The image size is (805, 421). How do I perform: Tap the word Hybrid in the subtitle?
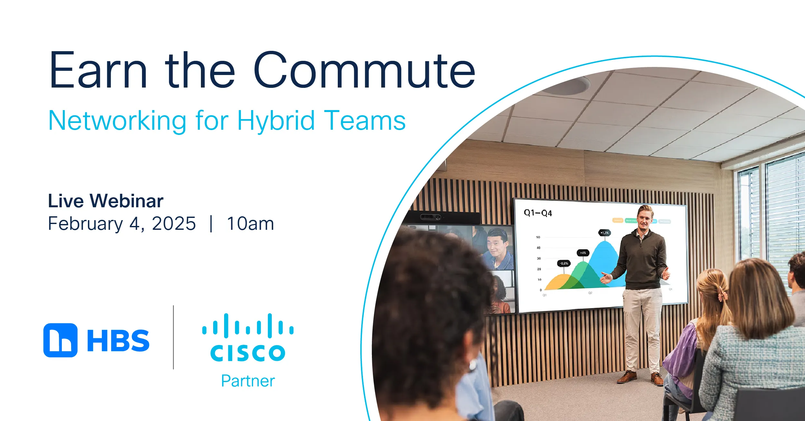coord(276,121)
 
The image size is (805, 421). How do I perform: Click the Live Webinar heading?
coord(106,201)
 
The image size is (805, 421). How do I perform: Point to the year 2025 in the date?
coord(174,223)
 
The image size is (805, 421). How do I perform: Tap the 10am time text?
coord(250,223)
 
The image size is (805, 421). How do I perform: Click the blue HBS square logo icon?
coord(61,340)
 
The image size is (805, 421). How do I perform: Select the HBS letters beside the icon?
coord(118,341)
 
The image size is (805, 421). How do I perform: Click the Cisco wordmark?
coord(248,353)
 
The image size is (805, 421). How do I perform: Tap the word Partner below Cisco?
coord(248,381)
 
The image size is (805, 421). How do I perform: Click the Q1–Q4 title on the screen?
coord(538,213)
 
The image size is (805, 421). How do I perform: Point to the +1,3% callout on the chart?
coord(604,232)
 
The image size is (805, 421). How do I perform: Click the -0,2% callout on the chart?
coord(563,263)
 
